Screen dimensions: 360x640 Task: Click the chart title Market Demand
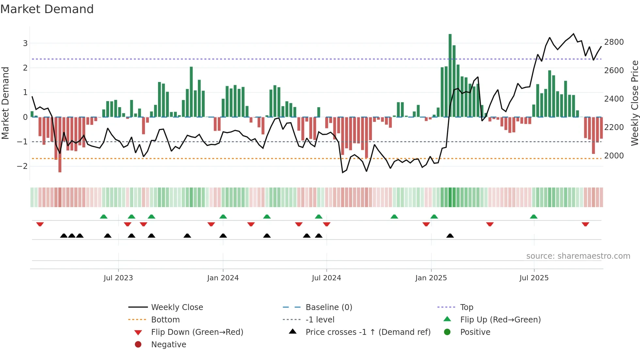(x=47, y=9)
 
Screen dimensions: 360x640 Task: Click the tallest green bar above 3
(x=450, y=75)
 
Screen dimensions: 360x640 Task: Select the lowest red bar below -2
(x=60, y=145)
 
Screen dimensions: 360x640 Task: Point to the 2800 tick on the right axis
(x=614, y=42)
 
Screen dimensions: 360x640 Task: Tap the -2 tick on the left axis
(x=22, y=166)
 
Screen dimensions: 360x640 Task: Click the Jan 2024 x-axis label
(x=223, y=278)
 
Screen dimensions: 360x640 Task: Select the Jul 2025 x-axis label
(x=534, y=278)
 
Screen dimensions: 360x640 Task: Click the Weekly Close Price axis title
(x=634, y=103)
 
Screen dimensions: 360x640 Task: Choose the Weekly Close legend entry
(x=177, y=307)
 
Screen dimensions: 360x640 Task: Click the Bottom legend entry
(x=165, y=320)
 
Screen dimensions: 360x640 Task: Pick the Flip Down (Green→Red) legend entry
(x=197, y=332)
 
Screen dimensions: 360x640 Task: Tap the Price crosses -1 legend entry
(x=368, y=332)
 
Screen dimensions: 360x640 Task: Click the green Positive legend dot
(x=447, y=332)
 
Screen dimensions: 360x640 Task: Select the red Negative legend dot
(x=138, y=345)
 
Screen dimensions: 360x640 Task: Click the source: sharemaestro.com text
(x=578, y=256)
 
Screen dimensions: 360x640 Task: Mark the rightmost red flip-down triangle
(x=585, y=224)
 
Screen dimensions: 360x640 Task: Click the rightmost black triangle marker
(x=450, y=236)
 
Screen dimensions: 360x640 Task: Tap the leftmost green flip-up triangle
(x=104, y=217)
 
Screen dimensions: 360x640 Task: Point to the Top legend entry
(x=466, y=307)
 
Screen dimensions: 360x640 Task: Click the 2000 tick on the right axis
(x=614, y=156)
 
